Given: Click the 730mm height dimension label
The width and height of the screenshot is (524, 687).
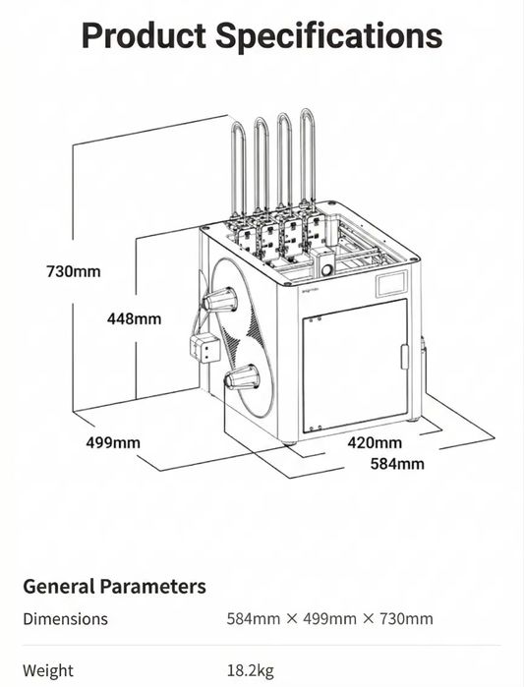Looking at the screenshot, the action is click(73, 271).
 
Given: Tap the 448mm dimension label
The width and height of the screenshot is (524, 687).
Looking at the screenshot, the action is click(134, 318).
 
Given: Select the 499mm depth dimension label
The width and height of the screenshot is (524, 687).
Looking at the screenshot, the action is click(113, 442).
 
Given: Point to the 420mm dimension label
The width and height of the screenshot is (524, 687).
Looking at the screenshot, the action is click(375, 442).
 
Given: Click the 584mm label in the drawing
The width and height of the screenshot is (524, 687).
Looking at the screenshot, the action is click(397, 464).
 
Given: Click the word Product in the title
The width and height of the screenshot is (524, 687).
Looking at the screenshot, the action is click(144, 35).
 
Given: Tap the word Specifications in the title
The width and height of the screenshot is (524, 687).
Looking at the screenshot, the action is click(329, 36).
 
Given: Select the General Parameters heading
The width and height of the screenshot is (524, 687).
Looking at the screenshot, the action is click(114, 587).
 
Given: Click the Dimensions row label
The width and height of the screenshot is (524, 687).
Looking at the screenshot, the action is click(65, 619).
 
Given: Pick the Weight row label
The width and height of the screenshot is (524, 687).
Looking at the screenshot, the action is click(48, 671).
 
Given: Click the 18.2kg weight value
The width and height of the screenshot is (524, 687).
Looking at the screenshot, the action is click(251, 671).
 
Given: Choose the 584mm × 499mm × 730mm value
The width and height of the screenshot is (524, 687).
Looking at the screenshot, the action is click(330, 619).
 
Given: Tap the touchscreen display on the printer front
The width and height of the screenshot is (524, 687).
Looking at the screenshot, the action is click(391, 284).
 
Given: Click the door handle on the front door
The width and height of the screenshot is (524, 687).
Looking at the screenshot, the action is click(405, 357).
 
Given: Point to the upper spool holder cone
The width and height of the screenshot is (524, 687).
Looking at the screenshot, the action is click(220, 300).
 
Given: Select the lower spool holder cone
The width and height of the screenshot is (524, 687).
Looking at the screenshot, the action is click(242, 377).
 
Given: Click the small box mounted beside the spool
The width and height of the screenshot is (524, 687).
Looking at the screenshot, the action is click(204, 348).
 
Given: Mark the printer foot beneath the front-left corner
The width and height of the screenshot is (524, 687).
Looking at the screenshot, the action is click(288, 442).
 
